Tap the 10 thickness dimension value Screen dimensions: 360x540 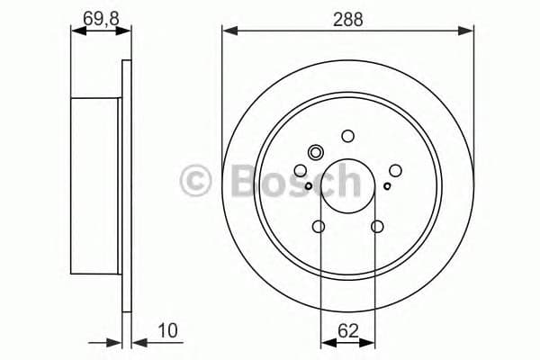(168, 331)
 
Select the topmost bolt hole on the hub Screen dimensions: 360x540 (348, 136)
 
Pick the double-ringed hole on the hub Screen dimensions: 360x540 (315, 152)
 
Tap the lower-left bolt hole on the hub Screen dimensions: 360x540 (319, 226)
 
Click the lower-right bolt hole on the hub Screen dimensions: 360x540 (377, 226)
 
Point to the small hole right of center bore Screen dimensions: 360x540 (387, 186)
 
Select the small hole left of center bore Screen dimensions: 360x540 (309, 186)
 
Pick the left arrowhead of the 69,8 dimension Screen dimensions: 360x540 (76, 31)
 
